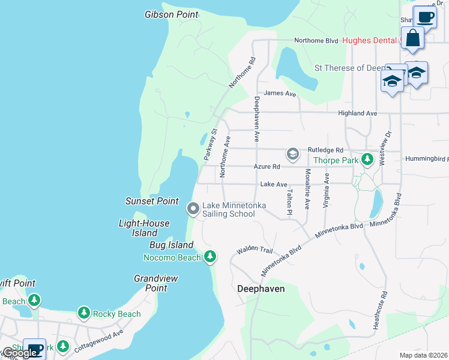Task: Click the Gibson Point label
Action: [x=172, y=14]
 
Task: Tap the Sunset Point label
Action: [x=152, y=201]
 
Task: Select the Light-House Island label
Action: [x=144, y=228]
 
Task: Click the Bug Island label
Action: [x=172, y=245]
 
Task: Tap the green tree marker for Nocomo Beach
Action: [x=209, y=257]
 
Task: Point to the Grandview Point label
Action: [x=150, y=283]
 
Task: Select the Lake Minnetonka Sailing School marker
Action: [x=193, y=209]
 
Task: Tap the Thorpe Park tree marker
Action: [x=367, y=160]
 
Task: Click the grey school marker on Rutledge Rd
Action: [x=292, y=154]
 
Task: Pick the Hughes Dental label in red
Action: [x=369, y=41]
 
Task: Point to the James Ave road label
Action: [x=280, y=94]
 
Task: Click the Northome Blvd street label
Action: [x=316, y=41]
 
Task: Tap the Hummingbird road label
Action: [x=427, y=159]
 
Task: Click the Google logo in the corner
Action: [x=19, y=353]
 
